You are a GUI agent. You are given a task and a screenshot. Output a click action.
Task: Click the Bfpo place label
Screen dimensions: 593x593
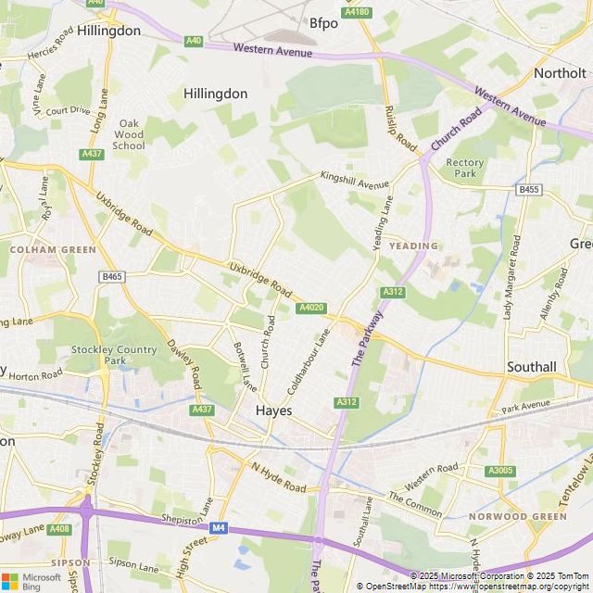click(x=323, y=23)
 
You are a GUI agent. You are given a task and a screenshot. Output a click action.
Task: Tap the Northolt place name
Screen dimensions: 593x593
click(x=561, y=72)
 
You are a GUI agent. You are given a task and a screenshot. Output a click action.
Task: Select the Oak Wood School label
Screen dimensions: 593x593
click(x=129, y=134)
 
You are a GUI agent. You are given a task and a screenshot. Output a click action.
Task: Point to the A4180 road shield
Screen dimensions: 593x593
click(x=356, y=12)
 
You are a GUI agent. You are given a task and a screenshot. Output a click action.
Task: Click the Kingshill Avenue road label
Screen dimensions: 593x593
click(x=356, y=176)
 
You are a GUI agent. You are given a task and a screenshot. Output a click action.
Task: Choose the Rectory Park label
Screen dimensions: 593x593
click(x=465, y=168)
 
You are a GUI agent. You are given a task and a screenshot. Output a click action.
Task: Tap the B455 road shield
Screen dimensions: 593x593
click(x=529, y=190)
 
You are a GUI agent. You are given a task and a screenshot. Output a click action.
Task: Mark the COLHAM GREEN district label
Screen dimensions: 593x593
click(x=53, y=249)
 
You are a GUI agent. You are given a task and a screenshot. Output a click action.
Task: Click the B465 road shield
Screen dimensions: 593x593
click(x=112, y=276)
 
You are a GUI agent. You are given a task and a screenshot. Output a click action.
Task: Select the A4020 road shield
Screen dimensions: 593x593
click(x=310, y=308)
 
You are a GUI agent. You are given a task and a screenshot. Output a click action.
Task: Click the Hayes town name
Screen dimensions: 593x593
click(x=274, y=410)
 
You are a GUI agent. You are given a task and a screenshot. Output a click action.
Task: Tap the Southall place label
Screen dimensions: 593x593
click(x=531, y=367)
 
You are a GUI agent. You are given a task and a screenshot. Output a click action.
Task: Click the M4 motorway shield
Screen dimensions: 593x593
click(x=219, y=528)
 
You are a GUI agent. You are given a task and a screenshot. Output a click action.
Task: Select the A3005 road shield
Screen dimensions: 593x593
click(x=500, y=471)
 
